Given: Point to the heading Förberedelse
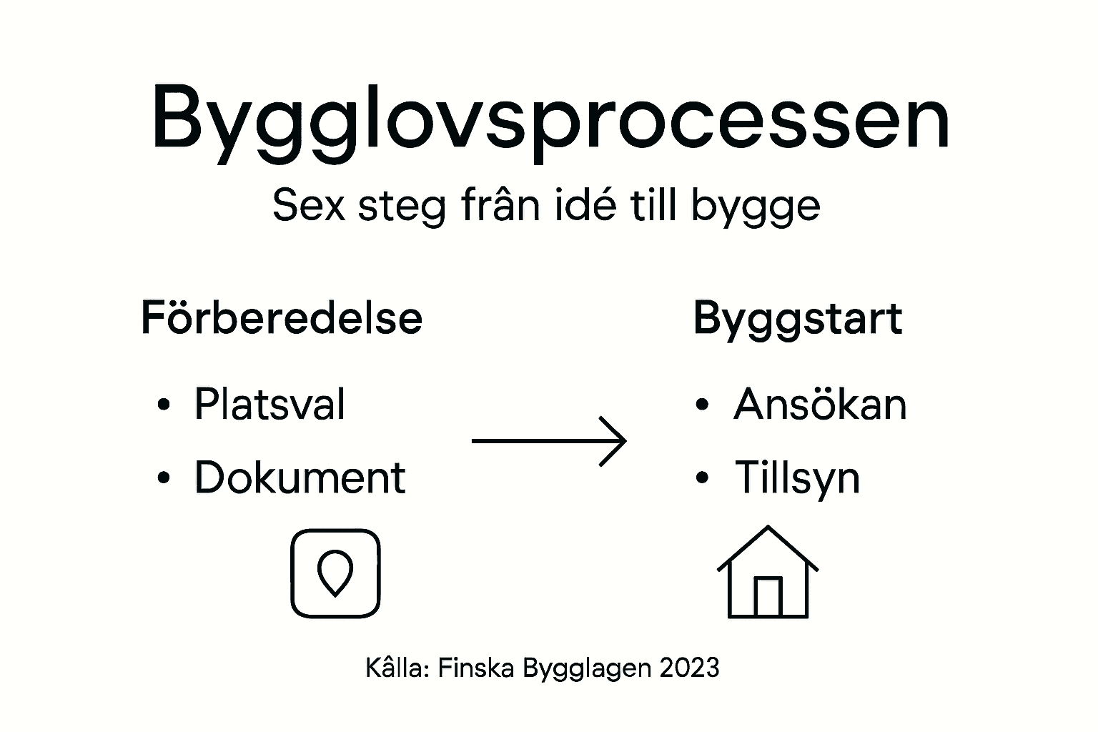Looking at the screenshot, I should click(x=282, y=318).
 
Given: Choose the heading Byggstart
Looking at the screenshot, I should click(x=797, y=319).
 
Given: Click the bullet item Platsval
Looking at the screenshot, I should click(x=269, y=405).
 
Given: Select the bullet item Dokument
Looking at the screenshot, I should click(x=300, y=478).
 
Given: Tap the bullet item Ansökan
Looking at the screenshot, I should click(x=819, y=405).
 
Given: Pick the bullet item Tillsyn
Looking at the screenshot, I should click(x=796, y=478).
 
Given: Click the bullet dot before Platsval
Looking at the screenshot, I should click(x=164, y=405).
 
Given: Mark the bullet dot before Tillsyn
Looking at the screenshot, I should click(x=702, y=478).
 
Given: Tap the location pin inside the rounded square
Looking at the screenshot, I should click(x=335, y=572).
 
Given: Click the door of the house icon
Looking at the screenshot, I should click(x=768, y=596).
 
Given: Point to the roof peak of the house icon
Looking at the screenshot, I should click(x=768, y=529).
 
